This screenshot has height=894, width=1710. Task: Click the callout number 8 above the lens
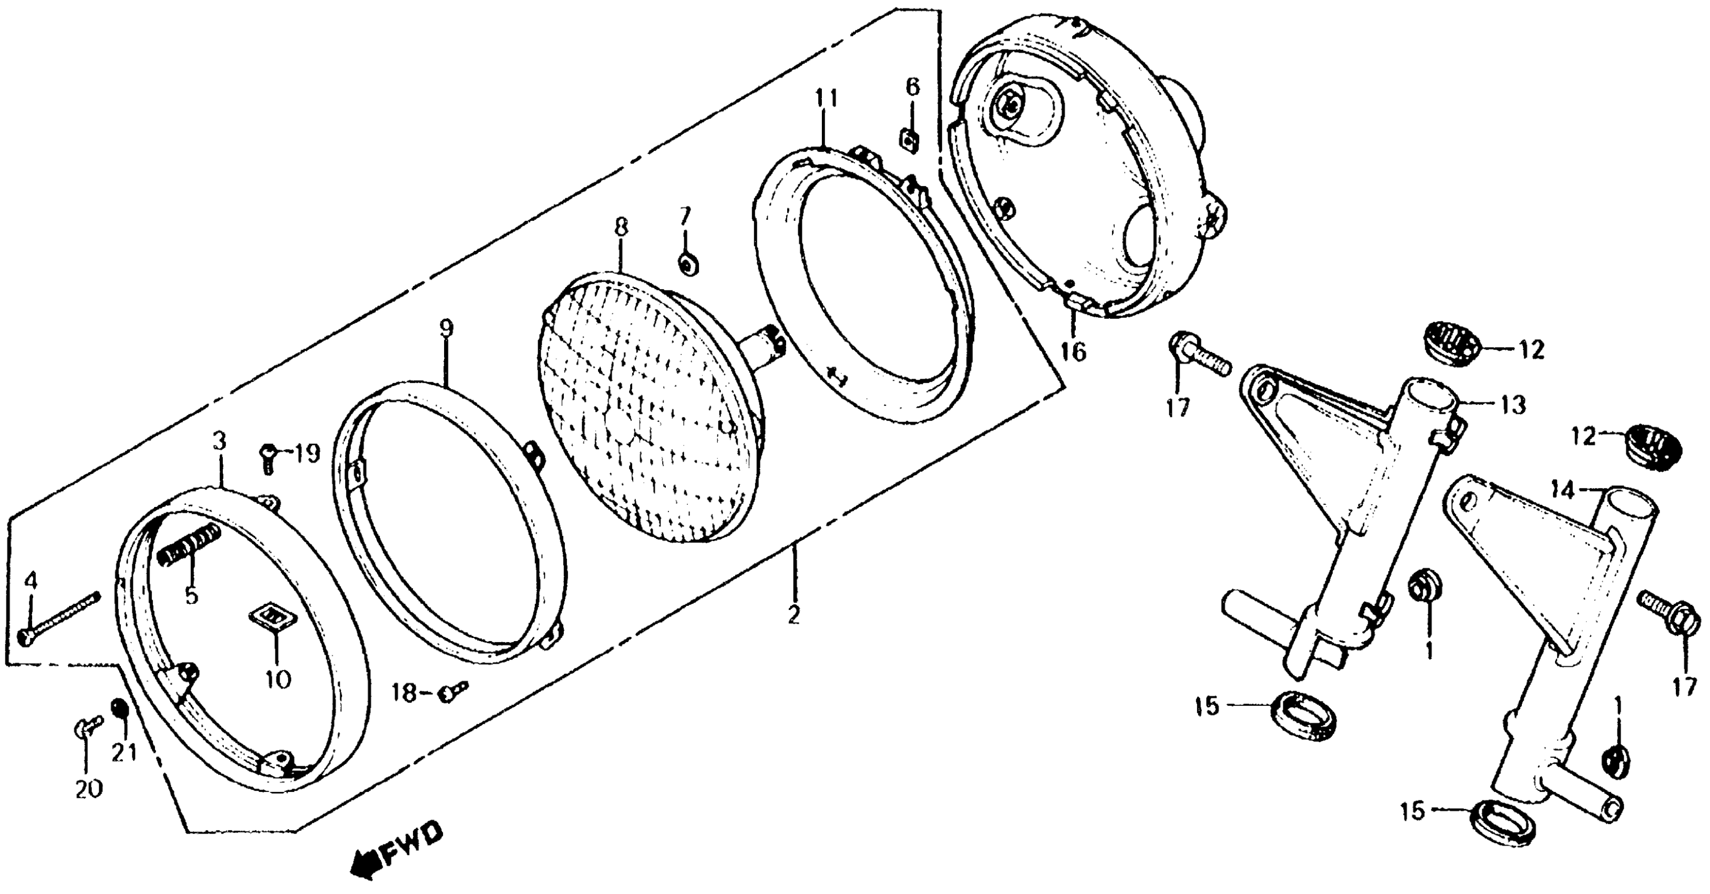[x=620, y=228]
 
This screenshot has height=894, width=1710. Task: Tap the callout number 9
[x=446, y=328]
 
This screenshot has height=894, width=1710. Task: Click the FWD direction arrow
[x=364, y=865]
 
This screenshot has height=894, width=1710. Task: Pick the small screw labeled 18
[x=453, y=692]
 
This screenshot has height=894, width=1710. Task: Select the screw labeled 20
[x=88, y=727]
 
